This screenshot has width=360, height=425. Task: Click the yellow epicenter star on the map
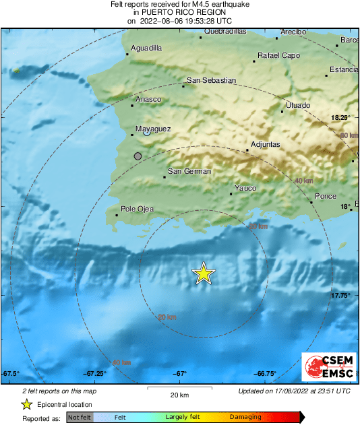(203, 273)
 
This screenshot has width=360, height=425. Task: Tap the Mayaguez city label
(154, 128)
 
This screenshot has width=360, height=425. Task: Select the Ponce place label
(325, 196)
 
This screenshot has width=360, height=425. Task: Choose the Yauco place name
(245, 188)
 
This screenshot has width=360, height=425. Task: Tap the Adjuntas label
(265, 144)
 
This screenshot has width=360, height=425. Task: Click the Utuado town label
(298, 105)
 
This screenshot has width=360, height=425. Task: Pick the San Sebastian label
(211, 80)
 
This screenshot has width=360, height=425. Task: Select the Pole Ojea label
(137, 209)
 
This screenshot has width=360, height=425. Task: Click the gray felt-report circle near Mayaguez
(138, 156)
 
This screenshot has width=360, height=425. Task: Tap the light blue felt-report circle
(146, 133)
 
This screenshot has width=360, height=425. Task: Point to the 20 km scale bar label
(179, 395)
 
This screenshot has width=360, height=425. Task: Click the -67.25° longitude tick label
(94, 374)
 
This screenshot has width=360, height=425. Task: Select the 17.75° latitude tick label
(340, 295)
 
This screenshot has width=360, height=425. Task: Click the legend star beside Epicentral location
(26, 404)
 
